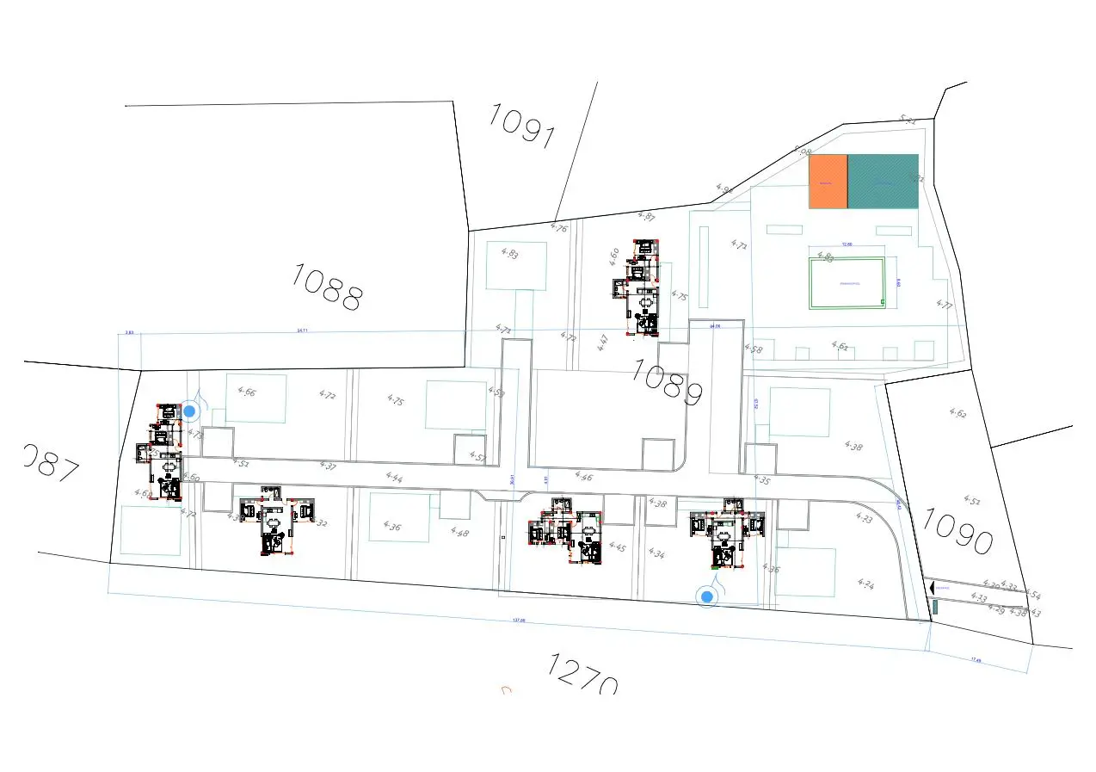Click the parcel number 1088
pos(327,287)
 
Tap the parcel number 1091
pos(522,126)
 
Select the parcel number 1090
pos(957,530)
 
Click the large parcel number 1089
pos(667,381)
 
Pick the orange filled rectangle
pos(828,182)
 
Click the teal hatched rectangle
pos(884,182)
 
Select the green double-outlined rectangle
pos(847,282)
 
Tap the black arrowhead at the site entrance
pos(930,587)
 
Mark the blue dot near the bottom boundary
pos(707,596)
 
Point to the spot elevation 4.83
pos(509,254)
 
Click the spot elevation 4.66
pos(247,392)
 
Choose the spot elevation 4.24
pos(866,584)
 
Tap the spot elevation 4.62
pos(957,413)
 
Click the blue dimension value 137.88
pos(519,620)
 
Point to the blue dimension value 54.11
pos(301,330)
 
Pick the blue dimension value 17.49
pos(976,660)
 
